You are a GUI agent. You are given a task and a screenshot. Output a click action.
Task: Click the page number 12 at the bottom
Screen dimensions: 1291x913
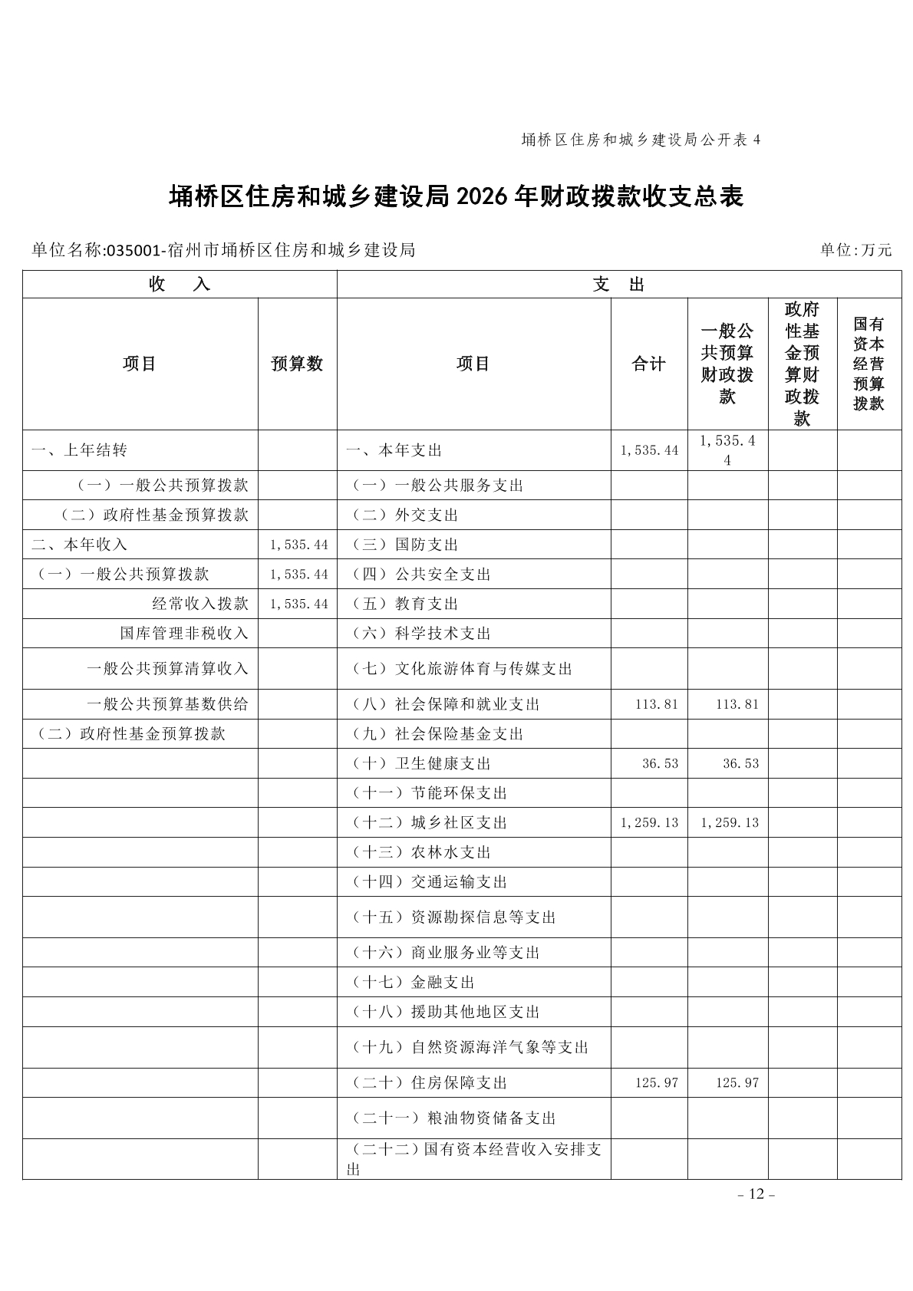756,1194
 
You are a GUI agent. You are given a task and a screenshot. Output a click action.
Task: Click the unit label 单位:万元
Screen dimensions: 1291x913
855,250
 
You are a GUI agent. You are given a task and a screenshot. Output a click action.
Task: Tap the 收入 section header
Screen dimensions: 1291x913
180,285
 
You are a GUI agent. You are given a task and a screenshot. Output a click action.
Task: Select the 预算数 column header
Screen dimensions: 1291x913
297,364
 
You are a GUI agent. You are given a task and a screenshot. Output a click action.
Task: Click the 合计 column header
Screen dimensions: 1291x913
648,364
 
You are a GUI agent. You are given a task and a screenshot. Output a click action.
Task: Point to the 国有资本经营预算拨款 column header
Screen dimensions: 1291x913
869,364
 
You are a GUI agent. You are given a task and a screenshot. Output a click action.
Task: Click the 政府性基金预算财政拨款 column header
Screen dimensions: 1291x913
802,364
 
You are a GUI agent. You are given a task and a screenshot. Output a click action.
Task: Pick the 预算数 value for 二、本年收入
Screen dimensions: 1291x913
298,545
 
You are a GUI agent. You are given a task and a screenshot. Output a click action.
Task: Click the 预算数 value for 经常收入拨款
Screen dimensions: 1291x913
298,604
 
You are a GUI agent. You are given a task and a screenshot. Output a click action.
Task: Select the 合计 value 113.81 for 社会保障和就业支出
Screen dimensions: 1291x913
657,704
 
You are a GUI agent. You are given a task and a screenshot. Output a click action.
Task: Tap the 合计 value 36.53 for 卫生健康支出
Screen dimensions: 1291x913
661,764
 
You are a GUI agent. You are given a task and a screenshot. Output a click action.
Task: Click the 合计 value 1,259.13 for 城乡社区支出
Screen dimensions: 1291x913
650,823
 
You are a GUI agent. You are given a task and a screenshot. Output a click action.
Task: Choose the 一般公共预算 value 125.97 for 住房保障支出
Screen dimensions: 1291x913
737,1083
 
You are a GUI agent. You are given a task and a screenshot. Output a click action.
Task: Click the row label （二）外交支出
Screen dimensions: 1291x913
404,515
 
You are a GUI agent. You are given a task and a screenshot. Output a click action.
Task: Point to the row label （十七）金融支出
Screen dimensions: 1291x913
413,983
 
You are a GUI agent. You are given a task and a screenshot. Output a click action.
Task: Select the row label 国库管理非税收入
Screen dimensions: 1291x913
184,634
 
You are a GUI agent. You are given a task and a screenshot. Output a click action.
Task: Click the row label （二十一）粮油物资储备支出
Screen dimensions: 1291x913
453,1118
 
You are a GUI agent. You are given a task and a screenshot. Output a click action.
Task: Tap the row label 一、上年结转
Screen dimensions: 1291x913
79,450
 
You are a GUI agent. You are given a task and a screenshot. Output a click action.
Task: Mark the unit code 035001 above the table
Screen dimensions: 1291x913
132,250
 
